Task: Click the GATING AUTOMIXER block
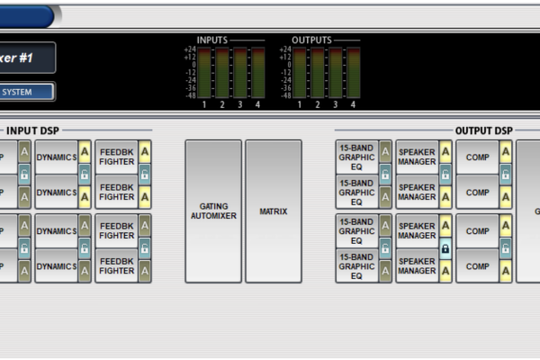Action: (x=213, y=211)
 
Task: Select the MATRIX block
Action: (x=273, y=211)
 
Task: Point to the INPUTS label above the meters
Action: (x=212, y=40)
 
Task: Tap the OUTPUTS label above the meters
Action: (x=311, y=40)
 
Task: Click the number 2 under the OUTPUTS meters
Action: (x=316, y=105)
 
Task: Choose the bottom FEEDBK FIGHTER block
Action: (x=117, y=265)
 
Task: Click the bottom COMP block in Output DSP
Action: (x=476, y=265)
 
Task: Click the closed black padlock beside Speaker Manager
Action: (x=445, y=247)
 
